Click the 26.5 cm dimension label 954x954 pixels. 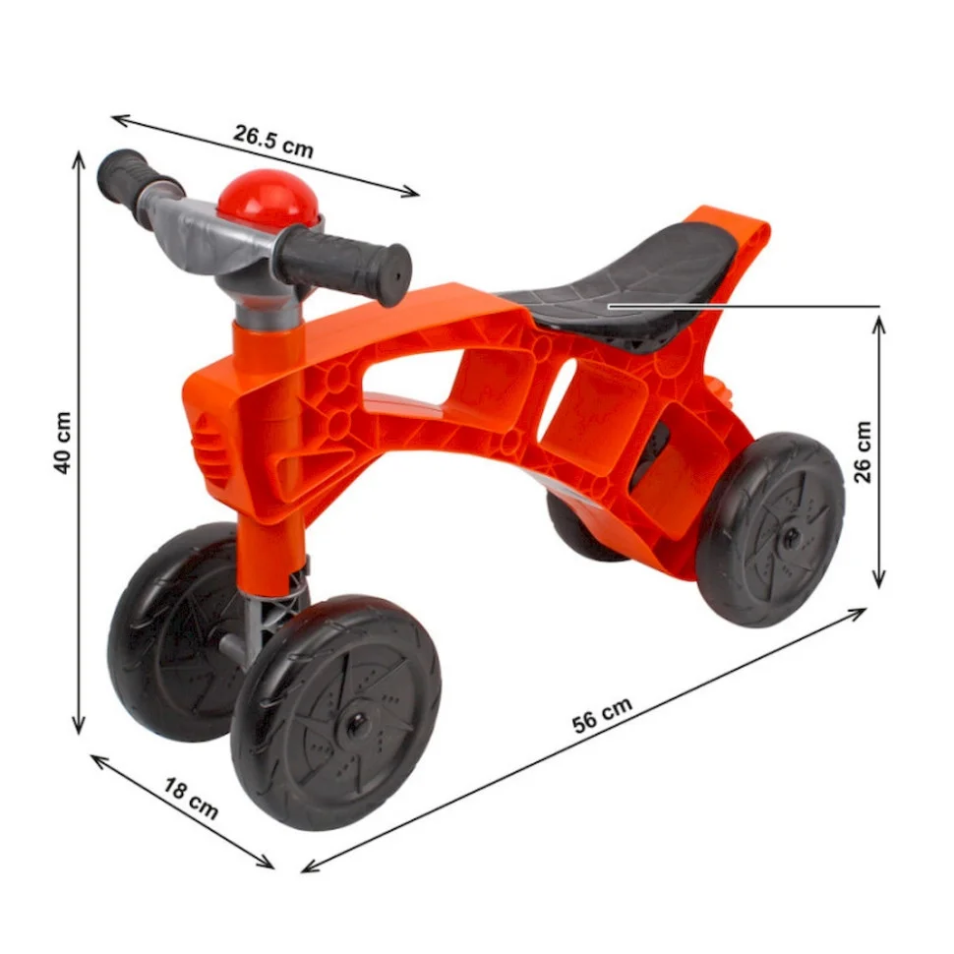pos(272,142)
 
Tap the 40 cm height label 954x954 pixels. pos(63,443)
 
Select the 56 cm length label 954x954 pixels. pos(602,715)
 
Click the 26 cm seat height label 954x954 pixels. pos(863,451)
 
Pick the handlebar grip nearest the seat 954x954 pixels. pos(344,265)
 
